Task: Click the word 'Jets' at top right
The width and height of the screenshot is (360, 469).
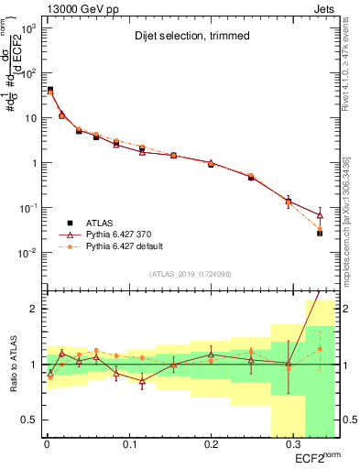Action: [327, 9]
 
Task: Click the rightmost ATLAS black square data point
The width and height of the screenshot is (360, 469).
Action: [319, 234]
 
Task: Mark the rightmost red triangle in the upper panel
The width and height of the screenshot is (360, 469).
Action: [319, 214]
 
